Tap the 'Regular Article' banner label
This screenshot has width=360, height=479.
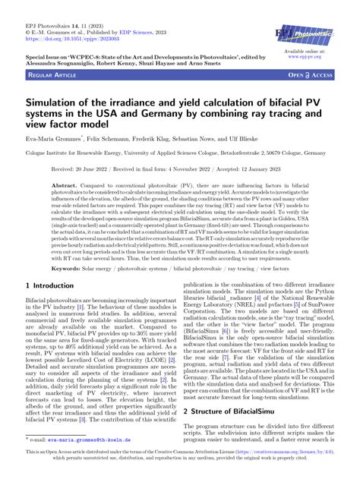pyautogui.click(x=48, y=75)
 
